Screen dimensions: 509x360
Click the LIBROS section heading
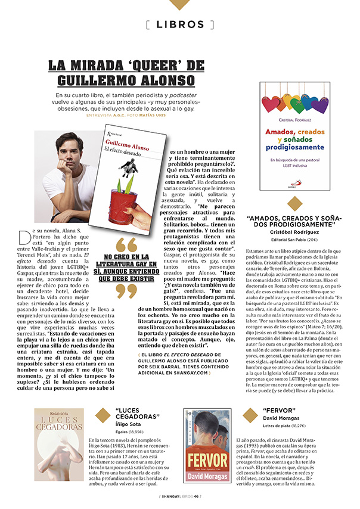point(179,24)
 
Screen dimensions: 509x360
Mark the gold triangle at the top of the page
point(179,4)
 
